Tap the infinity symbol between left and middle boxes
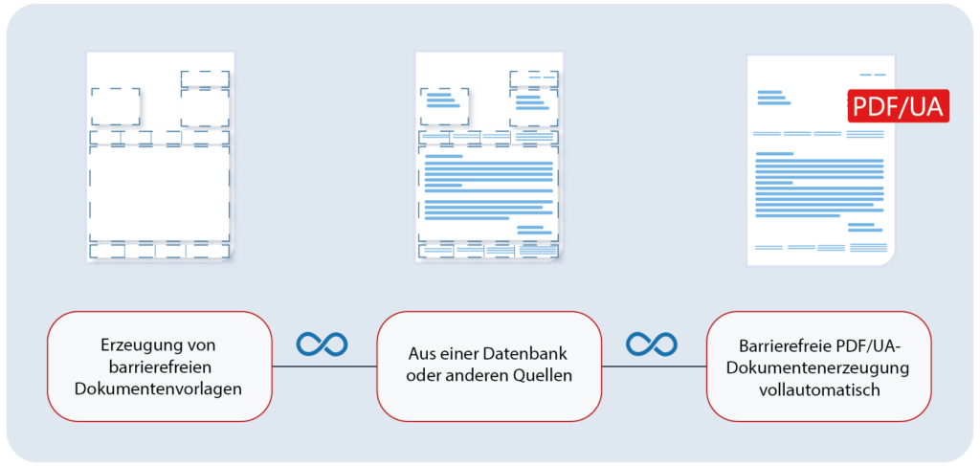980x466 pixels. click(322, 344)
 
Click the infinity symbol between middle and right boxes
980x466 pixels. click(652, 344)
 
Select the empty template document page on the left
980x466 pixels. click(159, 158)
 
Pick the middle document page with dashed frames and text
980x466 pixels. click(488, 158)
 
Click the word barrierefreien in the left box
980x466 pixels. click(158, 366)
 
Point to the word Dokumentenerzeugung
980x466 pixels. click(818, 366)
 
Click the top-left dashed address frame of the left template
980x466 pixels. click(116, 107)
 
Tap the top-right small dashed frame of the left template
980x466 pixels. click(205, 78)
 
